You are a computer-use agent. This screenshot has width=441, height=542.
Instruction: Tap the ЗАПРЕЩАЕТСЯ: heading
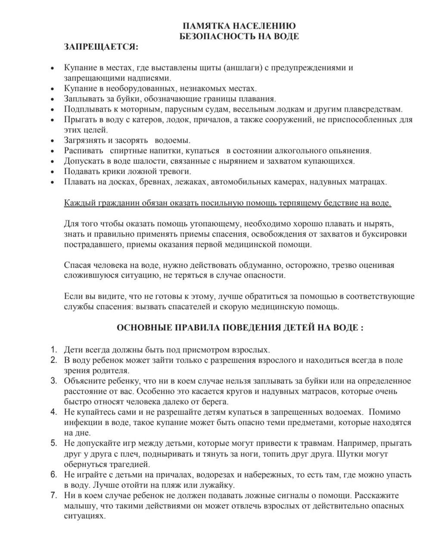(101, 46)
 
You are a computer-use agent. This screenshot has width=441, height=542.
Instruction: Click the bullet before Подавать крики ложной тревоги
(52, 172)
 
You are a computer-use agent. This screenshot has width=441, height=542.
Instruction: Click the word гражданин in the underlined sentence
(119, 203)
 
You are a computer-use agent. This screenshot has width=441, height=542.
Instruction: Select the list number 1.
(53, 349)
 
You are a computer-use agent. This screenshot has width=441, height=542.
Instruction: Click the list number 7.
(53, 496)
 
